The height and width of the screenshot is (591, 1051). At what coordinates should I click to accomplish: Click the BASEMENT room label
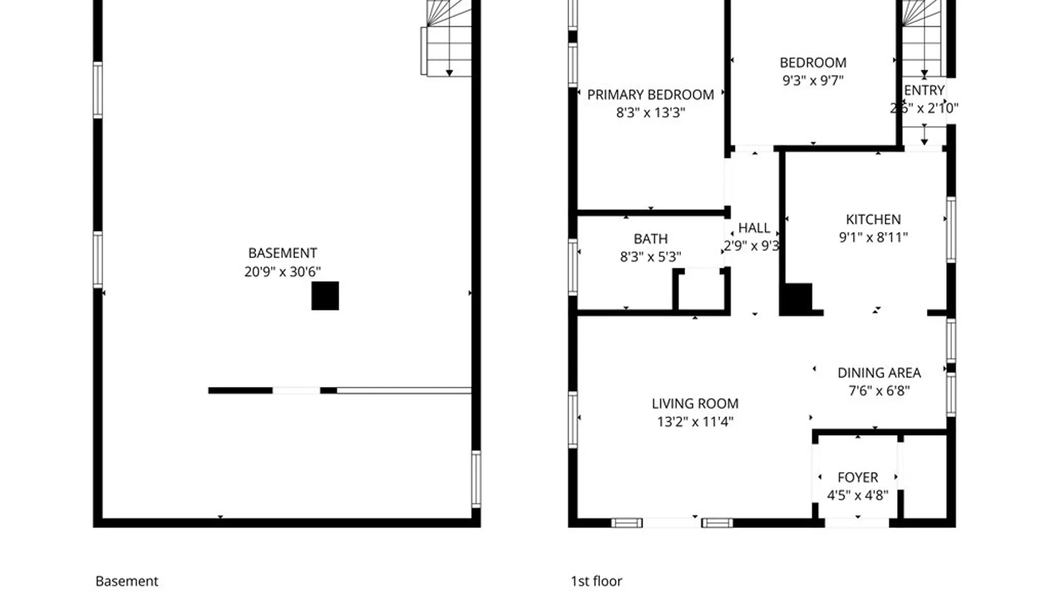(282, 253)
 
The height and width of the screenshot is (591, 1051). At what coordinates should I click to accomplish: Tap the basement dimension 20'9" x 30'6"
(282, 271)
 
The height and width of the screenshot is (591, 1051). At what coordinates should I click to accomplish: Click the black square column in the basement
(325, 296)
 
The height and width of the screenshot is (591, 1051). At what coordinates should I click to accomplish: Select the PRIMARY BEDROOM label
(650, 95)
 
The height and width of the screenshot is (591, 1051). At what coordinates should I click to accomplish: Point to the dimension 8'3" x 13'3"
(650, 113)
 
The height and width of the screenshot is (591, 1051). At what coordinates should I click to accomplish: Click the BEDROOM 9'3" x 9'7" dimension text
(813, 80)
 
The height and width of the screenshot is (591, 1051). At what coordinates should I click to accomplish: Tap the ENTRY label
(924, 90)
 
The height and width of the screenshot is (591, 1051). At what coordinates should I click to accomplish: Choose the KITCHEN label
(873, 219)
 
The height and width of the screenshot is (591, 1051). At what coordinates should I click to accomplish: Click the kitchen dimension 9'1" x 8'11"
(873, 237)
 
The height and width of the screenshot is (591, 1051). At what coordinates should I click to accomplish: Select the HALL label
(754, 228)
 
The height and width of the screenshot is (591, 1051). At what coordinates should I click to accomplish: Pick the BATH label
(650, 239)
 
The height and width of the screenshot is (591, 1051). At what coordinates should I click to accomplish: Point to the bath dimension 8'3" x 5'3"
(650, 257)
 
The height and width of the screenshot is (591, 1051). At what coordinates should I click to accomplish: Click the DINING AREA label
(879, 373)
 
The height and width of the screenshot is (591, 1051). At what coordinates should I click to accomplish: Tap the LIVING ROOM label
(695, 404)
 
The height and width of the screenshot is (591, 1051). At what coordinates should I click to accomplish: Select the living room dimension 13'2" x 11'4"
(695, 422)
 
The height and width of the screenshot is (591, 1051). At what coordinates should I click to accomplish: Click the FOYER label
(857, 478)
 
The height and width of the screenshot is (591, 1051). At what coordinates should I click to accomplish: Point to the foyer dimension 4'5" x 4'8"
(857, 496)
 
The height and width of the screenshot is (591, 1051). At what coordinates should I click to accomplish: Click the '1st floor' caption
(596, 581)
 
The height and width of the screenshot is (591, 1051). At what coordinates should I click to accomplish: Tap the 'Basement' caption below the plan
(126, 581)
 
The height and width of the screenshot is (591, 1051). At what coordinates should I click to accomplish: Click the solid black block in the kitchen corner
(798, 298)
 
